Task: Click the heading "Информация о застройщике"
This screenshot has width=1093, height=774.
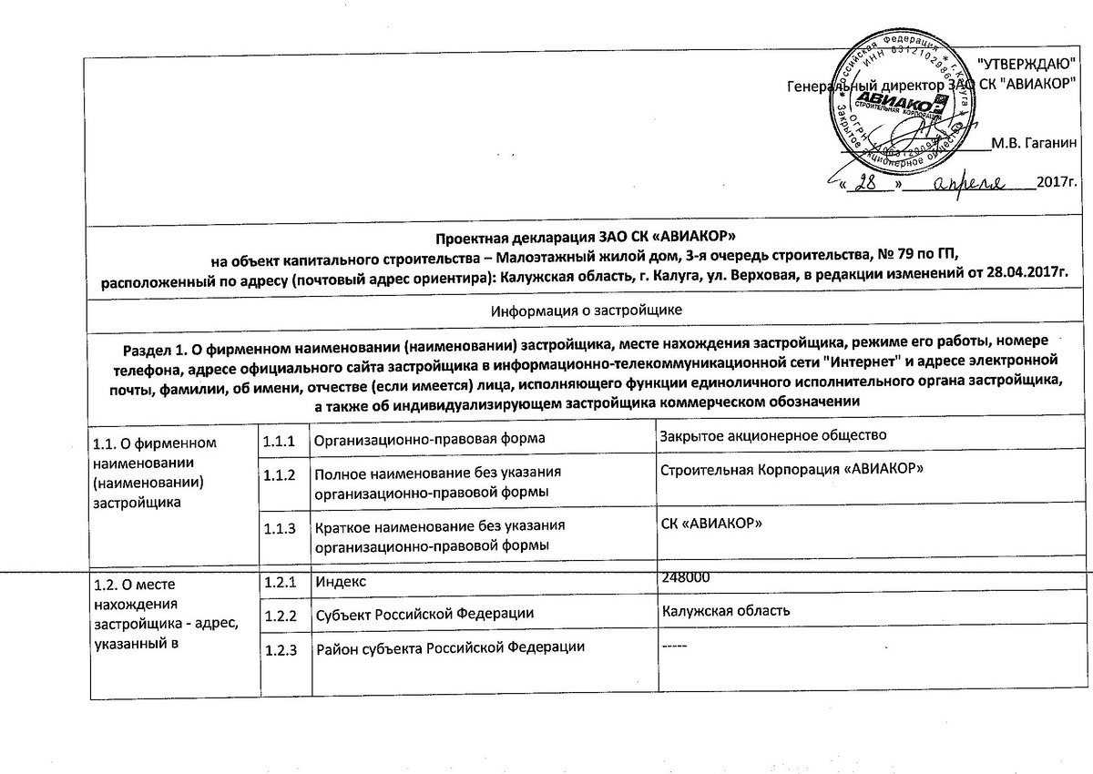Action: [587, 311]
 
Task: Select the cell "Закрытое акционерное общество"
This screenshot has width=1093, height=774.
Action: [773, 436]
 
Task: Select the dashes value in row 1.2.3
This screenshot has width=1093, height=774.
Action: [675, 646]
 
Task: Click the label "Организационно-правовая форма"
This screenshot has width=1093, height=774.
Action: [429, 440]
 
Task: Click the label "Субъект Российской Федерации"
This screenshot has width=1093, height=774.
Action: [424, 614]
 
